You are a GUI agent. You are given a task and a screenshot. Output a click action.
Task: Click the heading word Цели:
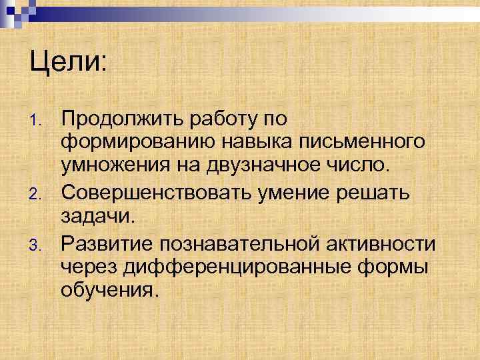coord(68,65)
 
